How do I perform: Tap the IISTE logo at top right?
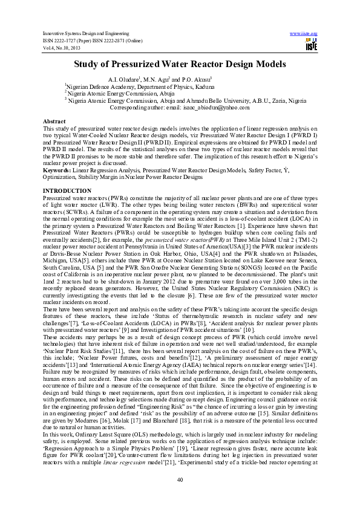coord(311,44)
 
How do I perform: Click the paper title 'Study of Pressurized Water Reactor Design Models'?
coord(179,63)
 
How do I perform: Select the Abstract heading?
coord(54,122)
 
